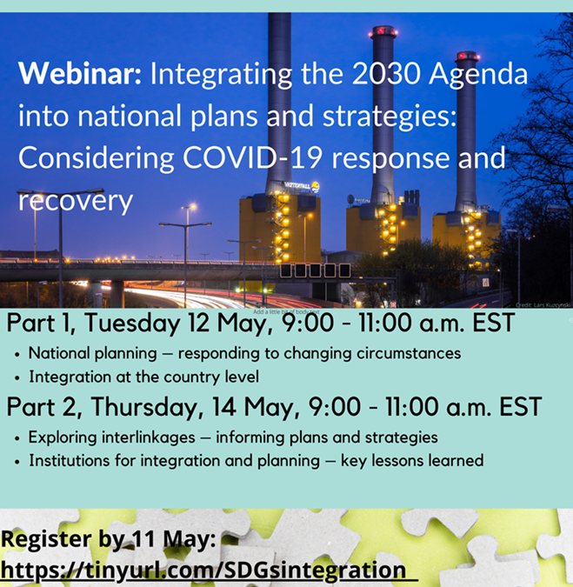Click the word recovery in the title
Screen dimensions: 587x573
75,201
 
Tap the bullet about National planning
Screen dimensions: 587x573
243,354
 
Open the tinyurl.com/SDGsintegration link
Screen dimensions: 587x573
203,570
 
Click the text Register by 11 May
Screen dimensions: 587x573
108,540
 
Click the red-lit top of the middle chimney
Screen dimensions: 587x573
383,32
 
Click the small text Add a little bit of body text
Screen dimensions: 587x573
287,310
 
